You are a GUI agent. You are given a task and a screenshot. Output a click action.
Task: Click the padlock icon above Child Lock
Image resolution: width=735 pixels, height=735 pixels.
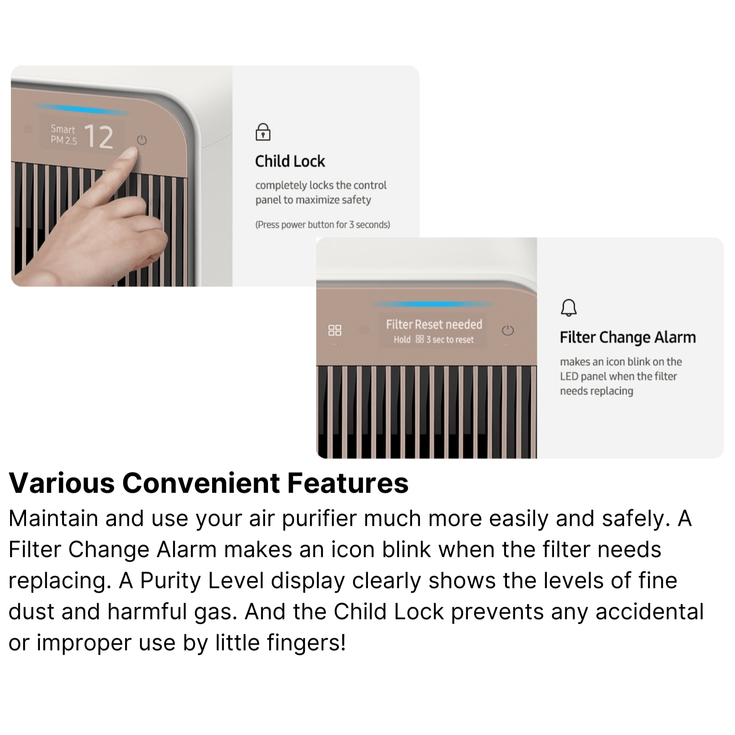click(263, 132)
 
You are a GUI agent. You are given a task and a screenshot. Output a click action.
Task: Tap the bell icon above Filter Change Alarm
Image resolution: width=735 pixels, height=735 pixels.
click(569, 307)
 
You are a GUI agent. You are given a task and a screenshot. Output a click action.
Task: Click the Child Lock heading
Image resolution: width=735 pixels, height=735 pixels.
click(290, 161)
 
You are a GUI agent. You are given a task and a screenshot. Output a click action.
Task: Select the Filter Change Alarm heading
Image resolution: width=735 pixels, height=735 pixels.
click(627, 337)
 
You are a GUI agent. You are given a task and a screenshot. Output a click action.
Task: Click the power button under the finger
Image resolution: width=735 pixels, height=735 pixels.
click(142, 140)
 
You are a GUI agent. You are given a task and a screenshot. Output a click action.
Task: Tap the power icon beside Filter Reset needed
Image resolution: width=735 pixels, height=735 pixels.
click(508, 331)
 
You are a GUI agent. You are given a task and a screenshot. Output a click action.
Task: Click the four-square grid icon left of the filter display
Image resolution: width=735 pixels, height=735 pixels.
click(335, 330)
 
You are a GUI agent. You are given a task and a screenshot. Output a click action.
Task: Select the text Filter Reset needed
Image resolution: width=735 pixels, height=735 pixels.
click(434, 324)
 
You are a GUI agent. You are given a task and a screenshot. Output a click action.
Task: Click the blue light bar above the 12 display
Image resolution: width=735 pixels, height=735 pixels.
click(82, 110)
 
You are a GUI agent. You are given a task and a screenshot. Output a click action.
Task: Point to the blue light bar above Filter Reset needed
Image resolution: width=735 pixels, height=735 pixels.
click(433, 304)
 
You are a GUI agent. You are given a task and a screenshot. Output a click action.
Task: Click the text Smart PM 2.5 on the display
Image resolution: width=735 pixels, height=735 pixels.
click(63, 134)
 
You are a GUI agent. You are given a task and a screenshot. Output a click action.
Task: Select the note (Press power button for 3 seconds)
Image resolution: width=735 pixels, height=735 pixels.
click(323, 225)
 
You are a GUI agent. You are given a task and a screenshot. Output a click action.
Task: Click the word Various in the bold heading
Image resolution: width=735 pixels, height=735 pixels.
click(62, 483)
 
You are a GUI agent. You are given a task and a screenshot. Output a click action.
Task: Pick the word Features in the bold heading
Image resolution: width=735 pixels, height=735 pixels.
click(348, 483)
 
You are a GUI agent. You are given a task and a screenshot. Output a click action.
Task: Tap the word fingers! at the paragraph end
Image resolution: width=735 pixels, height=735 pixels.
click(281, 643)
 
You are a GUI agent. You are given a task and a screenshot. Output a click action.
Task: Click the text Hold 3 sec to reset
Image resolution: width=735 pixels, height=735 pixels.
click(433, 339)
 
